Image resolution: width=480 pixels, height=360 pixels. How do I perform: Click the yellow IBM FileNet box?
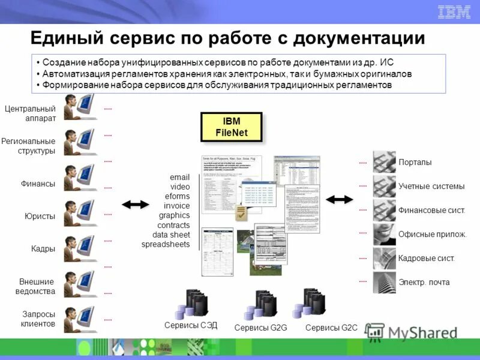(231, 127)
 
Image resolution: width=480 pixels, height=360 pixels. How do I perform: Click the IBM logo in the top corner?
(454, 11)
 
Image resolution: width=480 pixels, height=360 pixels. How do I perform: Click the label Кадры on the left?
(43, 248)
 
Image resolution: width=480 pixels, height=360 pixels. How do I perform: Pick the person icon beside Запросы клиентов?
(80, 319)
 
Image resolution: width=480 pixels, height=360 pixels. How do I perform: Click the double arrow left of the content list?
(135, 204)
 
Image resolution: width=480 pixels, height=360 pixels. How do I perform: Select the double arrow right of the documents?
(339, 198)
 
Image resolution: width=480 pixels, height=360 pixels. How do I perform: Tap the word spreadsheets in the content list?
(166, 244)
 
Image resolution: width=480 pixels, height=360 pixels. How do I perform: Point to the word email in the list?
(179, 178)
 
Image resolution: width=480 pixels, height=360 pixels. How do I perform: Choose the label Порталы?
(415, 163)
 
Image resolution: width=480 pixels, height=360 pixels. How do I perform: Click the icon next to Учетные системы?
(384, 186)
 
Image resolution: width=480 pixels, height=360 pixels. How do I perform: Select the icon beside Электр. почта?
(384, 282)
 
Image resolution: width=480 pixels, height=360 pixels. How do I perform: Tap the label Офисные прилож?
(432, 234)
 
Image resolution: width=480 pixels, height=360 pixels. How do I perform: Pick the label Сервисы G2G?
(261, 328)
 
